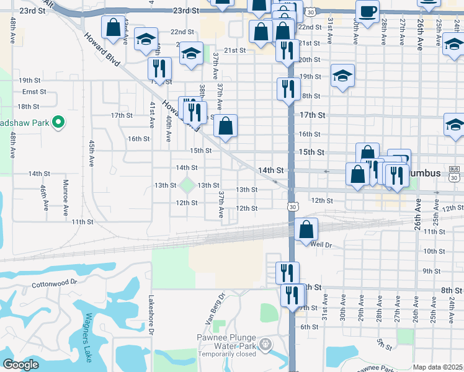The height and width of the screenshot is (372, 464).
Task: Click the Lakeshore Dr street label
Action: click(x=150, y=314)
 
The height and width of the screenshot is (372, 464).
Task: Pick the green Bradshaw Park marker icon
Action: click(x=58, y=122)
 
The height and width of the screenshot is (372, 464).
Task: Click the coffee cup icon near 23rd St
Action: click(x=367, y=11)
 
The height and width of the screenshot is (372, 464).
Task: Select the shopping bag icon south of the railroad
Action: click(x=306, y=229)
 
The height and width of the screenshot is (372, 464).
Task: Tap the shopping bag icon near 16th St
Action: click(x=226, y=126)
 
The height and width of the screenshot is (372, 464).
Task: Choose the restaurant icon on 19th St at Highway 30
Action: click(x=288, y=89)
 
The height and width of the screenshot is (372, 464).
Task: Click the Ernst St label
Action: click(x=30, y=92)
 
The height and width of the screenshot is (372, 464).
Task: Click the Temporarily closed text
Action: click(x=227, y=354)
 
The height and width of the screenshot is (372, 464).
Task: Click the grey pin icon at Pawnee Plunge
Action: click(x=265, y=343)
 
